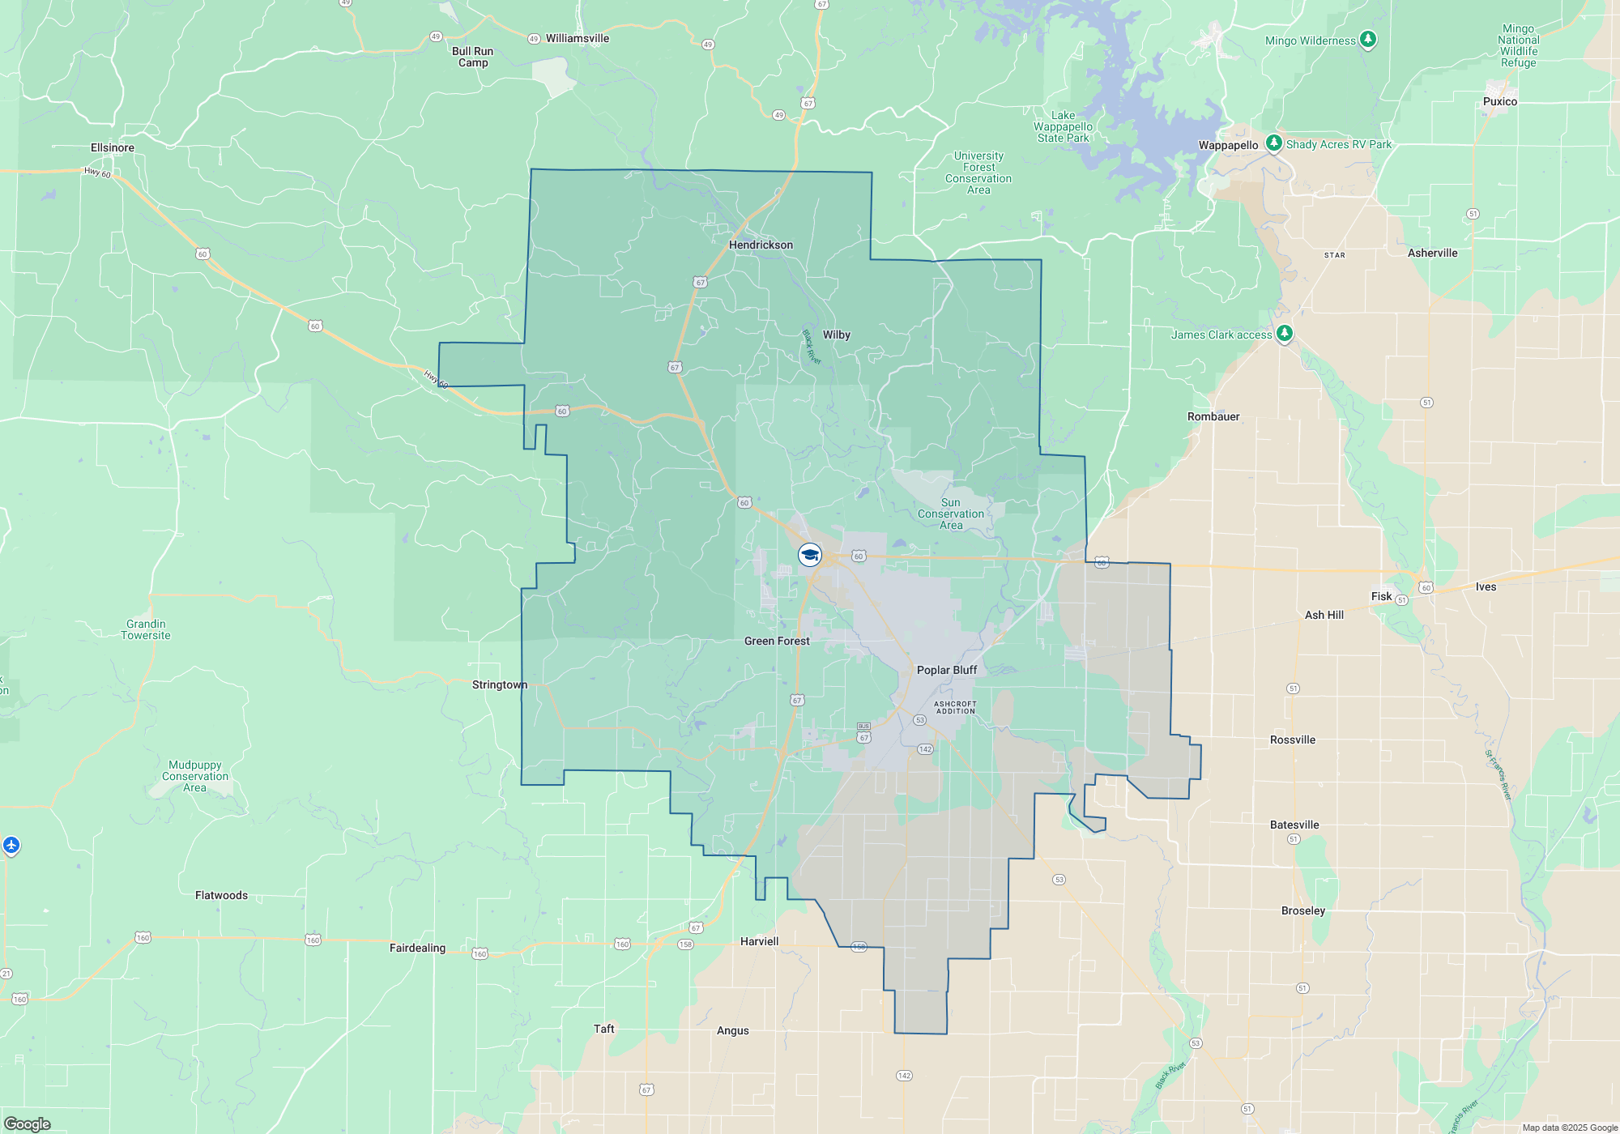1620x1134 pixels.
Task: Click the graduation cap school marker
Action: [810, 555]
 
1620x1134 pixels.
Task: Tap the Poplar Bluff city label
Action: [946, 670]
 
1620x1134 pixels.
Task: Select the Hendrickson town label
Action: [761, 245]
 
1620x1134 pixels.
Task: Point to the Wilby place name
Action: [836, 335]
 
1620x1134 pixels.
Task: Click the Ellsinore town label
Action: [113, 147]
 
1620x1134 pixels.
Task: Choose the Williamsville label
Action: [577, 38]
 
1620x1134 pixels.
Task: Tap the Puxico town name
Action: [1499, 101]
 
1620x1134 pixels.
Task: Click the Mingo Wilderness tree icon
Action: [1368, 39]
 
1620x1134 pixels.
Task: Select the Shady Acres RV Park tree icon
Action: [1274, 143]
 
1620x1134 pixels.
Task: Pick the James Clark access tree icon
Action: [1284, 334]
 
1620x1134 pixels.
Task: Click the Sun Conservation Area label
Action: [951, 514]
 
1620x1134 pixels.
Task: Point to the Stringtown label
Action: [499, 684]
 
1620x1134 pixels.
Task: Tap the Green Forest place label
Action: [777, 641]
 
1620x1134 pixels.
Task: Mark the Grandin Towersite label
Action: [146, 629]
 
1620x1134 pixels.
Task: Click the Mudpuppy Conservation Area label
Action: [195, 776]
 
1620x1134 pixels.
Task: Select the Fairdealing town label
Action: [417, 948]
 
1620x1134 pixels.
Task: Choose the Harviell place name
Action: [759, 941]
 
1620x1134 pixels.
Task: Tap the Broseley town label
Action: [1303, 910]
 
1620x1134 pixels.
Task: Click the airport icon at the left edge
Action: [11, 846]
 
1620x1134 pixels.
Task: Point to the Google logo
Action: [28, 1124]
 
